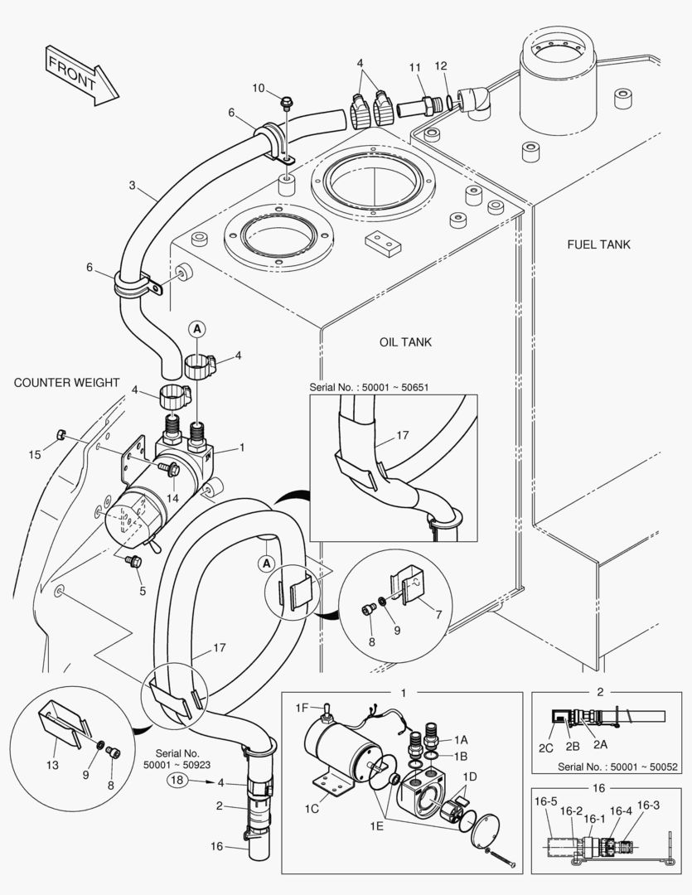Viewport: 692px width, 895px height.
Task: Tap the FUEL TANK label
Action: tap(598, 244)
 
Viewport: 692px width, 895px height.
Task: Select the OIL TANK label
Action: tap(405, 341)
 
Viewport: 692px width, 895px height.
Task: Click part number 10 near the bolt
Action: tap(258, 88)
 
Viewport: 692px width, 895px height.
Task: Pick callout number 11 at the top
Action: tap(415, 65)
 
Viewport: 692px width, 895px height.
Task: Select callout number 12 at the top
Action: tap(440, 65)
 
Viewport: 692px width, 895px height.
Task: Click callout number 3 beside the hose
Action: tap(132, 186)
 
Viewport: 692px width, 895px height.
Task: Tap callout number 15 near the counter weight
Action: tap(34, 454)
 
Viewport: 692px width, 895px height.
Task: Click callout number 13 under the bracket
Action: tap(52, 765)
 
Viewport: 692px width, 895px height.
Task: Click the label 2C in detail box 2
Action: tap(545, 747)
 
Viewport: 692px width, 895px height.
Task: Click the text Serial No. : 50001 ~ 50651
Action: tap(370, 386)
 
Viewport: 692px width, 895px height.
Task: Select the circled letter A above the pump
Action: tap(197, 328)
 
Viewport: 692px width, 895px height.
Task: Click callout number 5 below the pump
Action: tap(142, 591)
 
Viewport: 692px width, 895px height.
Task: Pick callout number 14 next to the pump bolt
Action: tap(172, 497)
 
